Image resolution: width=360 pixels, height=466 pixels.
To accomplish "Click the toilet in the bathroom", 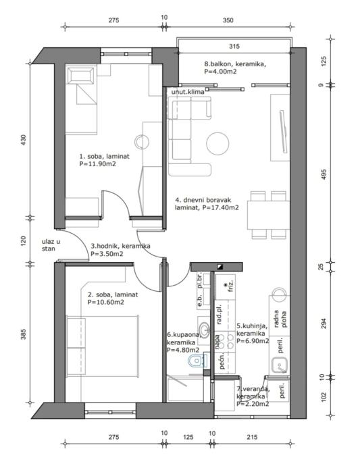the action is pos(197,361).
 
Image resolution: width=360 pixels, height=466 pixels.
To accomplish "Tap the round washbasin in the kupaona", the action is pos(204,329).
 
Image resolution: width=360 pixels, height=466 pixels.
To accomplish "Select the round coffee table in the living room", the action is pos(218,144).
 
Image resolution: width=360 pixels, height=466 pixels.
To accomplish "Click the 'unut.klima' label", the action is pos(188,92).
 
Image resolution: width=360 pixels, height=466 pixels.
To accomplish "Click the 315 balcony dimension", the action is pos(234,47).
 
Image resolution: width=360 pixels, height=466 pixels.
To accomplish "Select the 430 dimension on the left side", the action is pos(24,140).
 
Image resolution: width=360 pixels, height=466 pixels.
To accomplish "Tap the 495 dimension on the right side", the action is pos(324,174).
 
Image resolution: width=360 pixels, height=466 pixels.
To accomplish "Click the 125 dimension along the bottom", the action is pos(188,437).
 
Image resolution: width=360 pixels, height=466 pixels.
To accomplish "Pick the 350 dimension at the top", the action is pos(228,20).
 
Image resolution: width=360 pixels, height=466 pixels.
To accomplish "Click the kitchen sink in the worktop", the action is pos(280,365).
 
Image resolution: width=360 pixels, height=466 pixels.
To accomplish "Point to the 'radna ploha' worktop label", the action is pos(280,319).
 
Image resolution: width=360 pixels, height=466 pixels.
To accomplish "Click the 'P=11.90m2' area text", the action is pos(97,164).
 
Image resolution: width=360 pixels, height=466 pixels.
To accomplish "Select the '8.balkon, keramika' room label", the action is pos(235,63).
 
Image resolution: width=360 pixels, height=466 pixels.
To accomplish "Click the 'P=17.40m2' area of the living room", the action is pos(220,208).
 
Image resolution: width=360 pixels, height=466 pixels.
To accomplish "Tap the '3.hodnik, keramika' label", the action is pos(120,246).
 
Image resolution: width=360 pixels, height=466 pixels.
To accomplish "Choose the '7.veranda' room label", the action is pos(253,389).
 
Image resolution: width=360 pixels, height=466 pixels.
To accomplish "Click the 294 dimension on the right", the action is pos(324,323).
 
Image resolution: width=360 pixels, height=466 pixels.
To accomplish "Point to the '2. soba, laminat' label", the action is pos(113,295).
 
